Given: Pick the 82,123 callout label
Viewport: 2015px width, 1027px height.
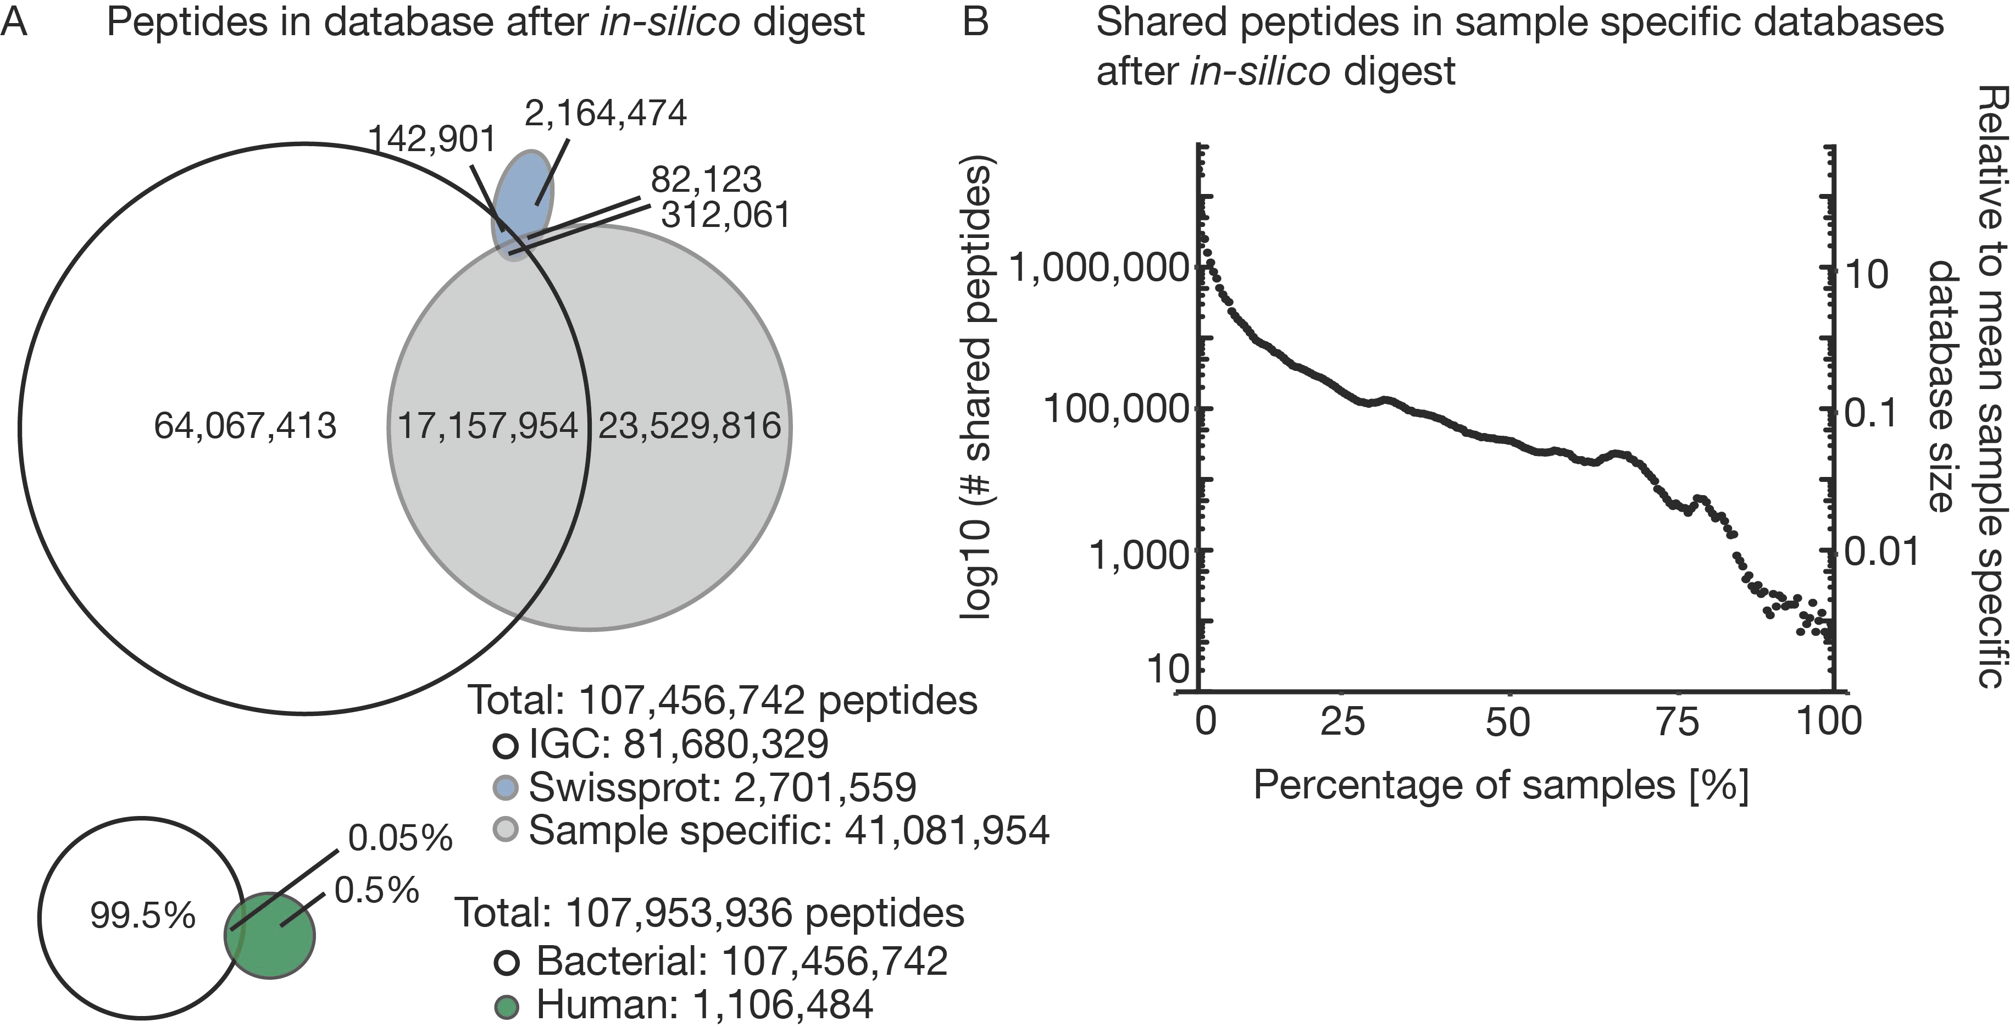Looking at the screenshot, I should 706,180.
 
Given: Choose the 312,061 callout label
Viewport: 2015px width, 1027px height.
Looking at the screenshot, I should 725,215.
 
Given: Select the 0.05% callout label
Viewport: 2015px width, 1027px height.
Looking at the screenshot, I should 399,839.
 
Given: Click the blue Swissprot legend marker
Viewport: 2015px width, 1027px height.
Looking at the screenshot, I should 506,787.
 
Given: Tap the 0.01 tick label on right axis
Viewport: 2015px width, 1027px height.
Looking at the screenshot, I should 1881,552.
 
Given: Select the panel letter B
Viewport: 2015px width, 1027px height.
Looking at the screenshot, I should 975,22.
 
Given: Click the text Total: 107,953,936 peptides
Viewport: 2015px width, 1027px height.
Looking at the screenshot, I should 709,913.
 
